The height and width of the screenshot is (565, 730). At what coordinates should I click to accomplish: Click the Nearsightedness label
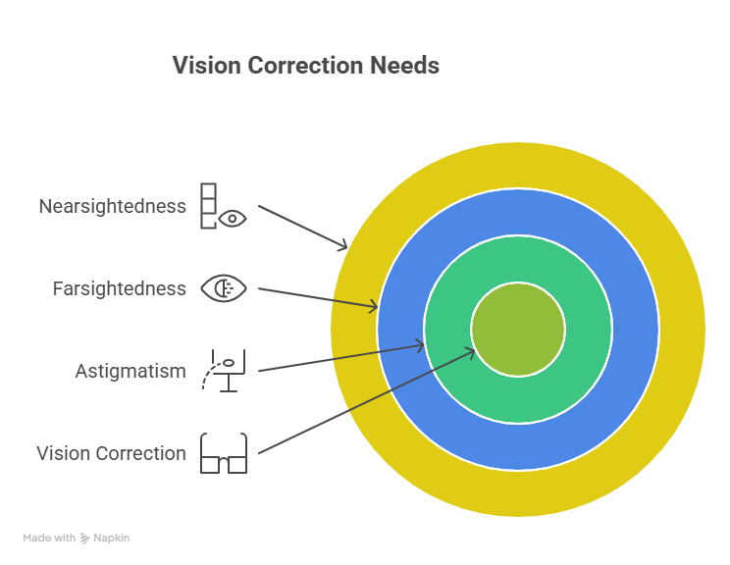coord(112,207)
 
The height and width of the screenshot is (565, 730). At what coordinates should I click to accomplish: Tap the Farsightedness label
coord(119,288)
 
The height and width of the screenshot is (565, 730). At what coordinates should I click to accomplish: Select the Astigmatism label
coord(130,371)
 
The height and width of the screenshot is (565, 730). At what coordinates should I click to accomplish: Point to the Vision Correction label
coord(111,453)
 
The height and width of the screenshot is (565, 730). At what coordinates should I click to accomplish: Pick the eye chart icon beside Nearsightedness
coord(223,206)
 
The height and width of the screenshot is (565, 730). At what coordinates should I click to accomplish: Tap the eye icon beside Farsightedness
coord(224,288)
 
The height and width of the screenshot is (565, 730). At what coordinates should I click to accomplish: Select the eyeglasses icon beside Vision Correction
coord(224,453)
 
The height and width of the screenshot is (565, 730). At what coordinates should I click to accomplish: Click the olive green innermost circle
coord(518,330)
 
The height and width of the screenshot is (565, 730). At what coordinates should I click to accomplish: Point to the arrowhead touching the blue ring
coord(373,308)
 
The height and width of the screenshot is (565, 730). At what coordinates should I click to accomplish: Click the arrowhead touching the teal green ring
coord(420,344)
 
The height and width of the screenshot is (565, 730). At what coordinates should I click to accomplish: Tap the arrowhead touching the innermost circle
coord(470,351)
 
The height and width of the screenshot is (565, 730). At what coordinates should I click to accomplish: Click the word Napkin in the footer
coord(112,539)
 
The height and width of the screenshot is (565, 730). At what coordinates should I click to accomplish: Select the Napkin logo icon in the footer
coord(85,539)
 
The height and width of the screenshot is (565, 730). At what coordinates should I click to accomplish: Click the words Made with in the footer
coord(49,539)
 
